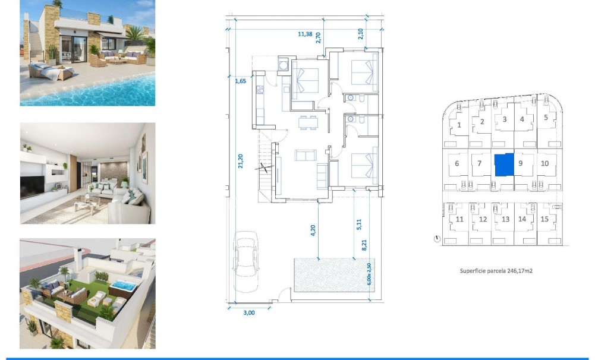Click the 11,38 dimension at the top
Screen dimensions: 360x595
tap(304, 34)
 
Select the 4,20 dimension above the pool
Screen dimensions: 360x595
tap(313, 230)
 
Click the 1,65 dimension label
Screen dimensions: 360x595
tap(241, 81)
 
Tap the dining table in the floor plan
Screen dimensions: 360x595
tap(308, 122)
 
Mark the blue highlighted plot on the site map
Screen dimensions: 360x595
tap(503, 164)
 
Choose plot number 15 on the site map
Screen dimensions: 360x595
tap(544, 219)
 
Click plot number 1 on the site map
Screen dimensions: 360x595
tap(459, 125)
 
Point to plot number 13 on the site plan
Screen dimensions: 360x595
tap(505, 219)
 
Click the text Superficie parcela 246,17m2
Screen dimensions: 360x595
tap(495, 270)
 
